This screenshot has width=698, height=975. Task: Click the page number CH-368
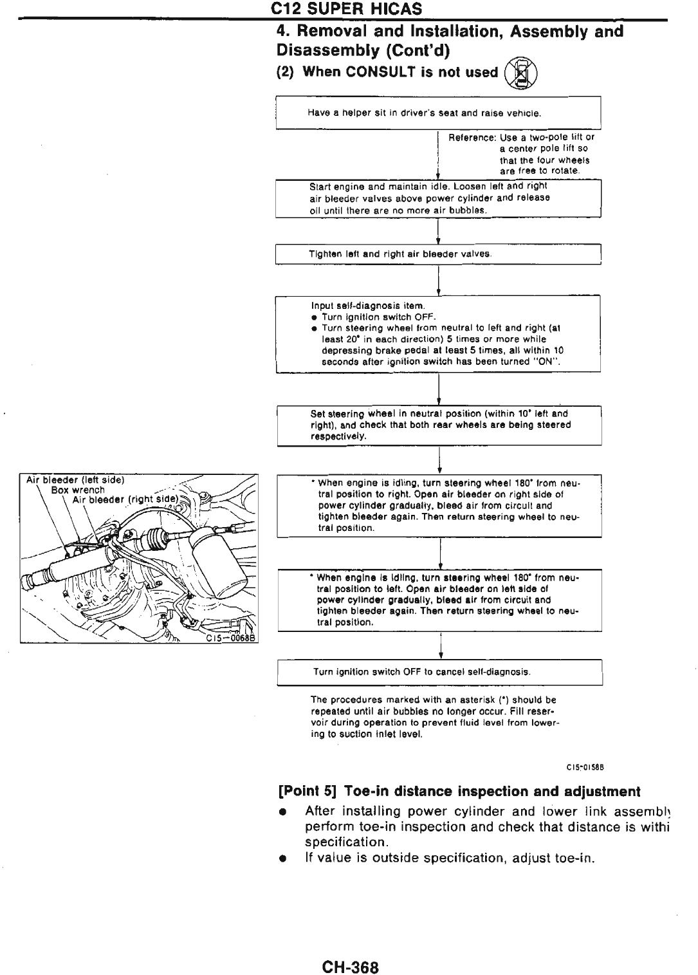pyautogui.click(x=351, y=967)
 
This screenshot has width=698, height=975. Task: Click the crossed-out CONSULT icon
pyautogui.click(x=522, y=72)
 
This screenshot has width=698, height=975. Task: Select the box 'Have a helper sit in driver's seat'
pyautogui.click(x=437, y=113)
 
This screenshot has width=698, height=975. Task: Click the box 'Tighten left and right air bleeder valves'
pyautogui.click(x=437, y=254)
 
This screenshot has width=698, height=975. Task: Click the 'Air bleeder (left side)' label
pyautogui.click(x=75, y=479)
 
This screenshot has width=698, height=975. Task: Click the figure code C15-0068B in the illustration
pyautogui.click(x=230, y=638)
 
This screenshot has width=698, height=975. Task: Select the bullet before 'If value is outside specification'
pyautogui.click(x=282, y=859)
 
